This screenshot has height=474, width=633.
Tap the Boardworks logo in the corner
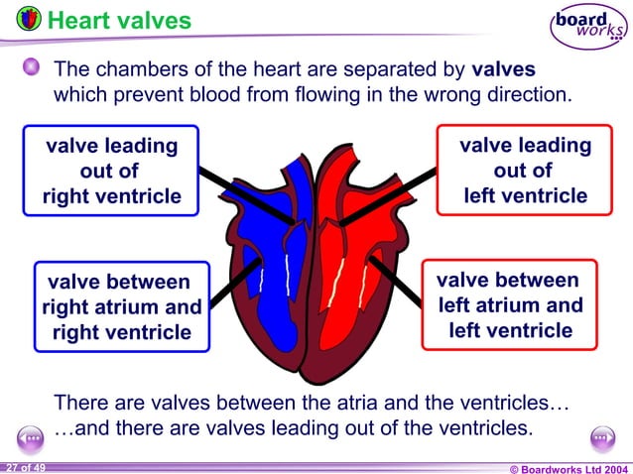(589, 26)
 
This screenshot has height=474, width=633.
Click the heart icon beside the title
(29, 18)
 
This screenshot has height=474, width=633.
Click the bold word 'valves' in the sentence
(503, 71)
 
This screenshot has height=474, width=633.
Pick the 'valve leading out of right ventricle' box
(111, 171)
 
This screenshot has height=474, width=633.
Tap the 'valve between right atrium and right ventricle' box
(121, 305)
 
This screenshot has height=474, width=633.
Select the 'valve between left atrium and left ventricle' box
(510, 304)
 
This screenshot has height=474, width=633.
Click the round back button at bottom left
(31, 437)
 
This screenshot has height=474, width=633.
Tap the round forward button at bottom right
(602, 437)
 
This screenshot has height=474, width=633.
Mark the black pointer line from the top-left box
(243, 195)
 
